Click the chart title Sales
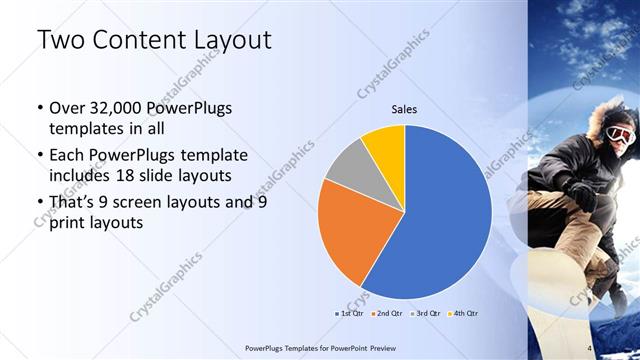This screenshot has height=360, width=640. (404, 110)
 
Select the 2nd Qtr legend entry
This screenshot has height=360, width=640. (387, 314)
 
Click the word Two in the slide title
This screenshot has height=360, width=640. (59, 41)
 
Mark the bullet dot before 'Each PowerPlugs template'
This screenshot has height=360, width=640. (39, 156)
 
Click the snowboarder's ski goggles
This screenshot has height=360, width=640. (622, 134)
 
